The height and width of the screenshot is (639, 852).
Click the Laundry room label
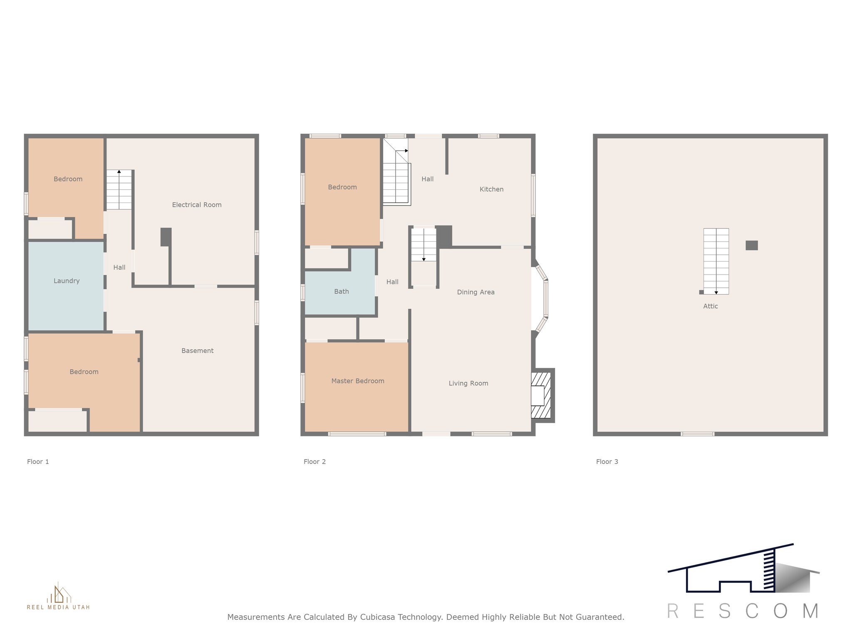click(x=67, y=281)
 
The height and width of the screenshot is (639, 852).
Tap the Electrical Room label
click(x=197, y=205)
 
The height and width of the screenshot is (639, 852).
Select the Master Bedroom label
click(x=358, y=381)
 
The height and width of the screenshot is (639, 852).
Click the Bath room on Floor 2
click(x=341, y=292)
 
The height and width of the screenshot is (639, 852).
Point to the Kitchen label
click(x=491, y=189)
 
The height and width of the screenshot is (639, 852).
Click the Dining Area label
click(x=476, y=292)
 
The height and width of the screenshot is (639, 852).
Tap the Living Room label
click(x=468, y=383)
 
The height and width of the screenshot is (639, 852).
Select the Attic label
click(x=710, y=306)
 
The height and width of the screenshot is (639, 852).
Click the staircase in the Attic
click(x=716, y=261)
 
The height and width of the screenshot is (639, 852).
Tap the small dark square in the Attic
click(x=751, y=245)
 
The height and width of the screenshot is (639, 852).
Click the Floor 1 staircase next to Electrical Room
click(x=119, y=190)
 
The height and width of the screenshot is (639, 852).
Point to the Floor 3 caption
click(x=607, y=461)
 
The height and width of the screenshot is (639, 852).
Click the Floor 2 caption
click(x=315, y=461)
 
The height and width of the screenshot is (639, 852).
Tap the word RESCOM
click(x=743, y=611)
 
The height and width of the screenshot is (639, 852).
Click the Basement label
click(x=197, y=351)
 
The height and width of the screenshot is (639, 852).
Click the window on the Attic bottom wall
click(x=697, y=434)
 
